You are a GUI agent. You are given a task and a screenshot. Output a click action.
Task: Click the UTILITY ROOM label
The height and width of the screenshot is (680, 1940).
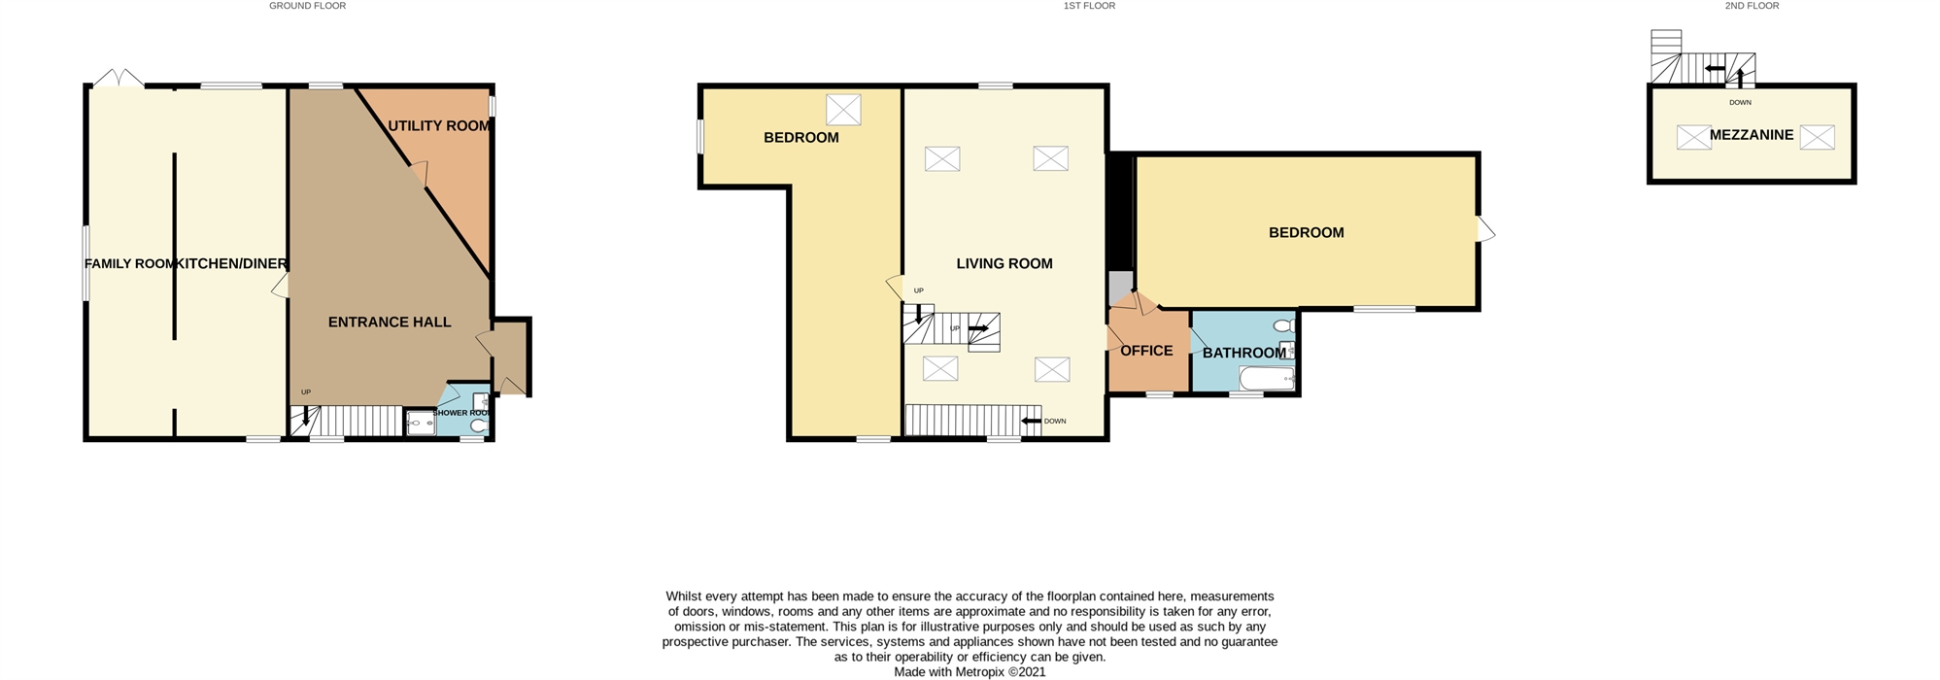[439, 125]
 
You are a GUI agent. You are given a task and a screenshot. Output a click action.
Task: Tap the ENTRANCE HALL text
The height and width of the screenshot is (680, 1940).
[390, 322]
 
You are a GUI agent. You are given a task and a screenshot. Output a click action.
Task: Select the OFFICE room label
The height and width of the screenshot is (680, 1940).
[1146, 351]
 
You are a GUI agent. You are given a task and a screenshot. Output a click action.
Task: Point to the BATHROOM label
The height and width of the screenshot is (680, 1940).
[1244, 353]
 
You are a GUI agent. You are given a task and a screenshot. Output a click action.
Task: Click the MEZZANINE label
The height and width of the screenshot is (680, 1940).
[1752, 135]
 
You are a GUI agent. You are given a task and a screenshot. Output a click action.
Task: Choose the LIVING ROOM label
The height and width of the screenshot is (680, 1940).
[1004, 263]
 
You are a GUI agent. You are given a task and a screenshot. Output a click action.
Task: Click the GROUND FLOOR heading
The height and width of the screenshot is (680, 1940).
[308, 6]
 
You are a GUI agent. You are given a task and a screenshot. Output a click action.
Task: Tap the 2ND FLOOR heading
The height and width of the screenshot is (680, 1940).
[1752, 6]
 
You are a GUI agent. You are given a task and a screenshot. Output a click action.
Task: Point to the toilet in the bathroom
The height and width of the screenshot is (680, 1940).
[1284, 325]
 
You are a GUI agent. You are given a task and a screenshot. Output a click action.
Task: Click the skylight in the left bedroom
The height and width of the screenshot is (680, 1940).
[843, 110]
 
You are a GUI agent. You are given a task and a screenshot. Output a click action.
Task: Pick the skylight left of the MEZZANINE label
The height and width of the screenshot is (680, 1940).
[1694, 137]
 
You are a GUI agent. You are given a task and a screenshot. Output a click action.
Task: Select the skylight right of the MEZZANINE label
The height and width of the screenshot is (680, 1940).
[1818, 137]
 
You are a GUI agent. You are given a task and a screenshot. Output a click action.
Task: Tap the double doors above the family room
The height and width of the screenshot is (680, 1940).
[119, 78]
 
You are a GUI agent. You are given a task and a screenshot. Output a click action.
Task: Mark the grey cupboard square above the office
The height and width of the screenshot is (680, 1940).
[1121, 286]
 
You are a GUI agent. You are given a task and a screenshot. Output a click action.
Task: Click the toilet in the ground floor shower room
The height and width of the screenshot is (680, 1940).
[477, 424]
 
